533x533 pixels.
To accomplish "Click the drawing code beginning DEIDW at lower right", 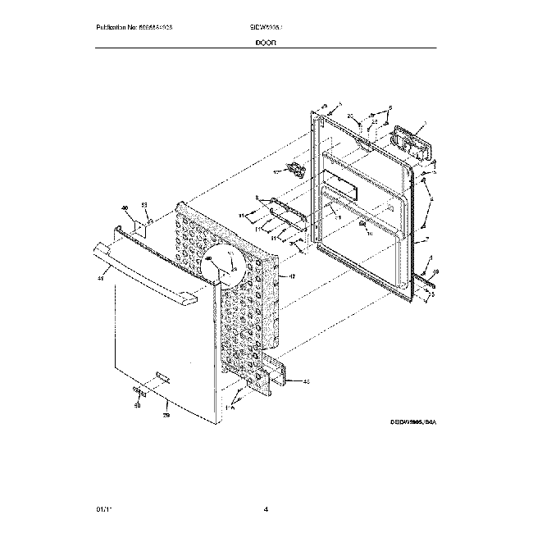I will [x=412, y=421].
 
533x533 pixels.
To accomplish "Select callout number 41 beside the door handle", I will [x=101, y=280].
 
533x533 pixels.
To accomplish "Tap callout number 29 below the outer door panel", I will [x=165, y=416].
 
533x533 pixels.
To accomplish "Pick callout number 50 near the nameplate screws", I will [x=137, y=405].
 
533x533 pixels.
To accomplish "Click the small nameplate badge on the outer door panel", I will [x=162, y=376].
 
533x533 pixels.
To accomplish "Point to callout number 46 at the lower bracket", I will [x=306, y=381].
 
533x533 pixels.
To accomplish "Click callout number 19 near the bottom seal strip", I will [x=435, y=271].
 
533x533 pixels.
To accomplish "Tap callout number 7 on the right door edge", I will [x=427, y=242].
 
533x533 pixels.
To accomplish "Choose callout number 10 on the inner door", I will [x=369, y=234].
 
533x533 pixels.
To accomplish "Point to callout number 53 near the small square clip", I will [x=144, y=204].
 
